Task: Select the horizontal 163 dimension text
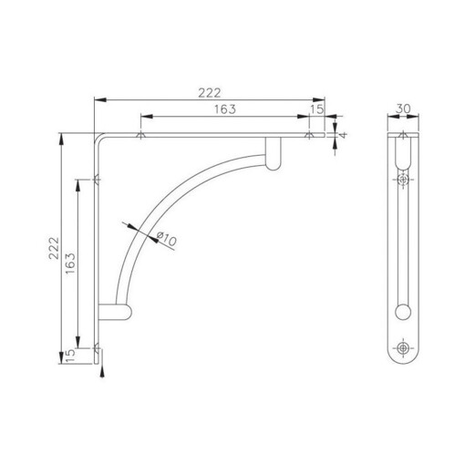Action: (224, 109)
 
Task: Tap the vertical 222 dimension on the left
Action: (54, 246)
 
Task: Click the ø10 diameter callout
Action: (166, 239)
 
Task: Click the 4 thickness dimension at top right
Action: (345, 135)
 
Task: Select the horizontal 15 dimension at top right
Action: (316, 109)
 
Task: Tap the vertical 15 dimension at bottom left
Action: (71, 354)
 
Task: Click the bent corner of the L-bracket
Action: (98, 138)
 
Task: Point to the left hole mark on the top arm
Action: (139, 136)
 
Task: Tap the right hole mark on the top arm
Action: (309, 136)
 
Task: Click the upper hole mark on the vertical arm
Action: (97, 179)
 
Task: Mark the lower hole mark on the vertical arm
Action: (97, 346)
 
